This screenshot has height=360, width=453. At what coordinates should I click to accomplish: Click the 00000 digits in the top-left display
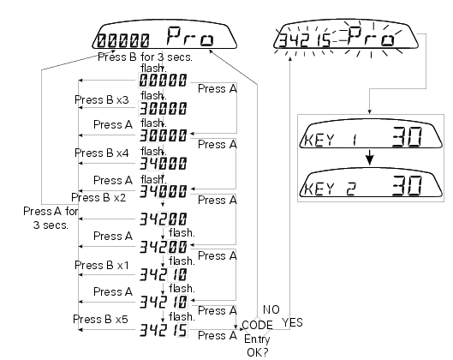tap(123, 40)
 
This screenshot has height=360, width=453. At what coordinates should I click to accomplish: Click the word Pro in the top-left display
tap(190, 36)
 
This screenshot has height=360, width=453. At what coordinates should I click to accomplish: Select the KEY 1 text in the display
tap(331, 140)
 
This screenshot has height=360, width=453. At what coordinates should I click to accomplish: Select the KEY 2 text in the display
tap(331, 189)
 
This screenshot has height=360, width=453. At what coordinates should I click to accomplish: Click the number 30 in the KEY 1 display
tap(407, 136)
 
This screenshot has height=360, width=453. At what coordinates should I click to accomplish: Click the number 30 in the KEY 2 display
tap(407, 185)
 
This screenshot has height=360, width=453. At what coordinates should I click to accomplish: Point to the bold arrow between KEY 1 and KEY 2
tap(370, 158)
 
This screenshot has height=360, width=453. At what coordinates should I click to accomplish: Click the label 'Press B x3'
tap(101, 99)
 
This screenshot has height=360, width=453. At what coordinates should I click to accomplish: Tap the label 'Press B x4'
tap(101, 153)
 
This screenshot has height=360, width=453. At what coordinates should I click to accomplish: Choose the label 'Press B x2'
tap(98, 197)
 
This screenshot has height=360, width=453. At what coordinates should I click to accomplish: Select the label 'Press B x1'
tap(101, 265)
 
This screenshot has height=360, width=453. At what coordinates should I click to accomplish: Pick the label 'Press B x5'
tap(100, 319)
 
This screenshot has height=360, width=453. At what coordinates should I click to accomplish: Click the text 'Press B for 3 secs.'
tap(145, 57)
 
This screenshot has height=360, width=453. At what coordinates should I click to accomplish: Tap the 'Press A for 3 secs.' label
tap(51, 218)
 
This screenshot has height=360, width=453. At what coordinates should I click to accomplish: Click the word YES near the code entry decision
tap(292, 322)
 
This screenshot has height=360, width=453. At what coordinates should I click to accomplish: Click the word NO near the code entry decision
tap(271, 309)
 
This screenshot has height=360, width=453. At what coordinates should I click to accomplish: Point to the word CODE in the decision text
tap(257, 325)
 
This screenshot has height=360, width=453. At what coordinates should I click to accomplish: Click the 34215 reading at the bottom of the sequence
tap(164, 330)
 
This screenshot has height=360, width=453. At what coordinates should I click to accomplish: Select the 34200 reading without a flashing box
tap(164, 219)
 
